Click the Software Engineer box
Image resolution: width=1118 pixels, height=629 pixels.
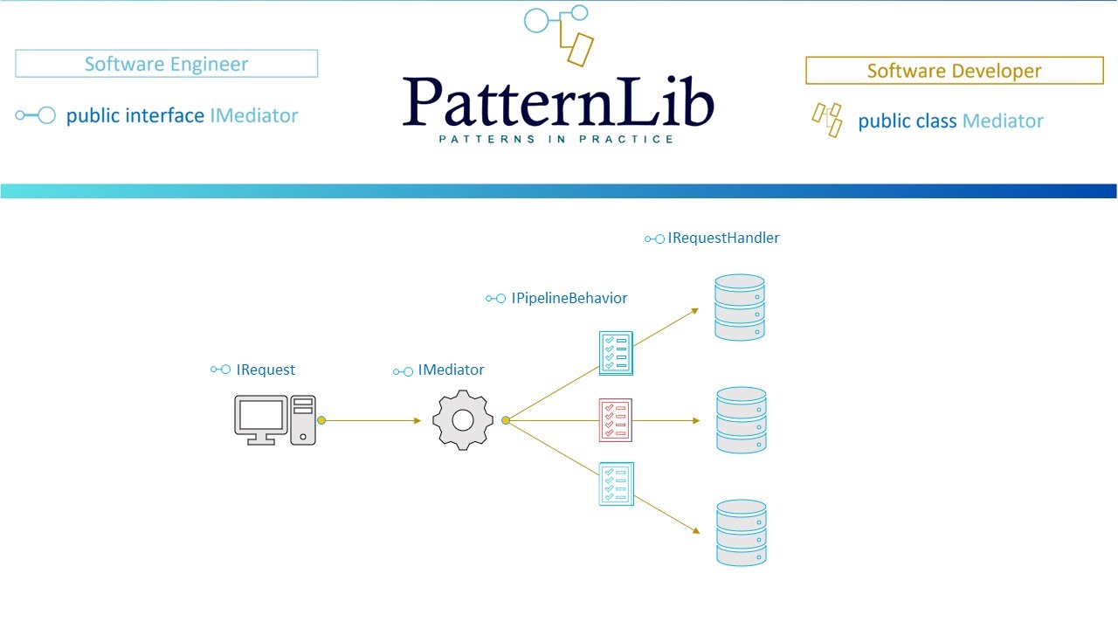point(166,64)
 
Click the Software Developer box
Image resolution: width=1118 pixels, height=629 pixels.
point(954,71)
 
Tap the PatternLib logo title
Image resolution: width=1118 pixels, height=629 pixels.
point(558,102)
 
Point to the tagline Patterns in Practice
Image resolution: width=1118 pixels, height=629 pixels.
point(556,139)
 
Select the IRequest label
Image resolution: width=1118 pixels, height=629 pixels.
point(265,370)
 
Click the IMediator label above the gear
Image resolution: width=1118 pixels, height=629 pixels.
point(451,370)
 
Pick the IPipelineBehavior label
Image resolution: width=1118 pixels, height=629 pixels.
point(569,298)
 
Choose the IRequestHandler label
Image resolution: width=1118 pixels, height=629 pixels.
point(722,238)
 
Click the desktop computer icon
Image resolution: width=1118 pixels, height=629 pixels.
point(274,420)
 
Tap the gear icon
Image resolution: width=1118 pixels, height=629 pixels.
point(463,421)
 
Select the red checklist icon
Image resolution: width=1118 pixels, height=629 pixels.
point(615,420)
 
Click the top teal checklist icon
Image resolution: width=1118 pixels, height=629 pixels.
point(615,353)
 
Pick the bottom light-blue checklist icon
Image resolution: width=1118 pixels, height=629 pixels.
point(616,483)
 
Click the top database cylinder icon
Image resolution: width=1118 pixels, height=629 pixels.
point(740,308)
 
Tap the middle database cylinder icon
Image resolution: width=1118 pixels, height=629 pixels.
point(741,420)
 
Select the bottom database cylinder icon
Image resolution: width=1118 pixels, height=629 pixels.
point(741,532)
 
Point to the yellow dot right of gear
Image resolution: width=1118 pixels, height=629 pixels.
point(506,420)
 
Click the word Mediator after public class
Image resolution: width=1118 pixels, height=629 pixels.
point(1003,121)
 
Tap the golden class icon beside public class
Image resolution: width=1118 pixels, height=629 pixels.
point(827,120)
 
